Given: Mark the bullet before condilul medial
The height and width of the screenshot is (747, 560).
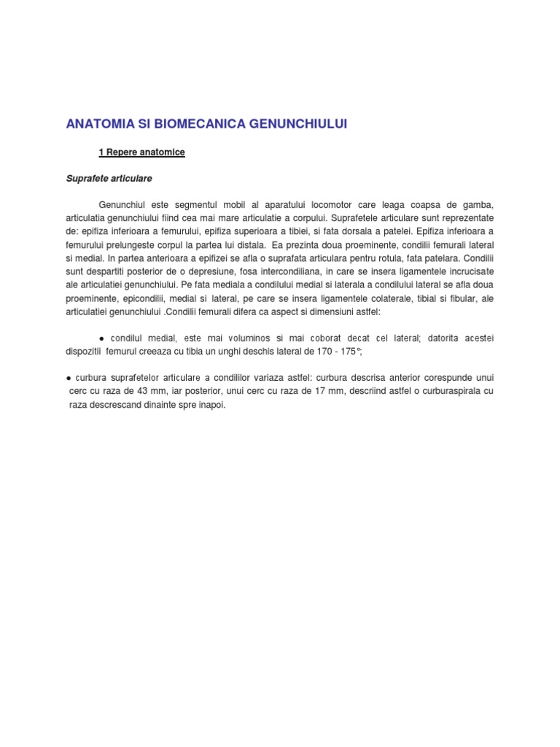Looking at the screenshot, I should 101,338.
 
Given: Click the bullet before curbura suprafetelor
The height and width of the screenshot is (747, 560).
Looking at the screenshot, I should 68,377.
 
